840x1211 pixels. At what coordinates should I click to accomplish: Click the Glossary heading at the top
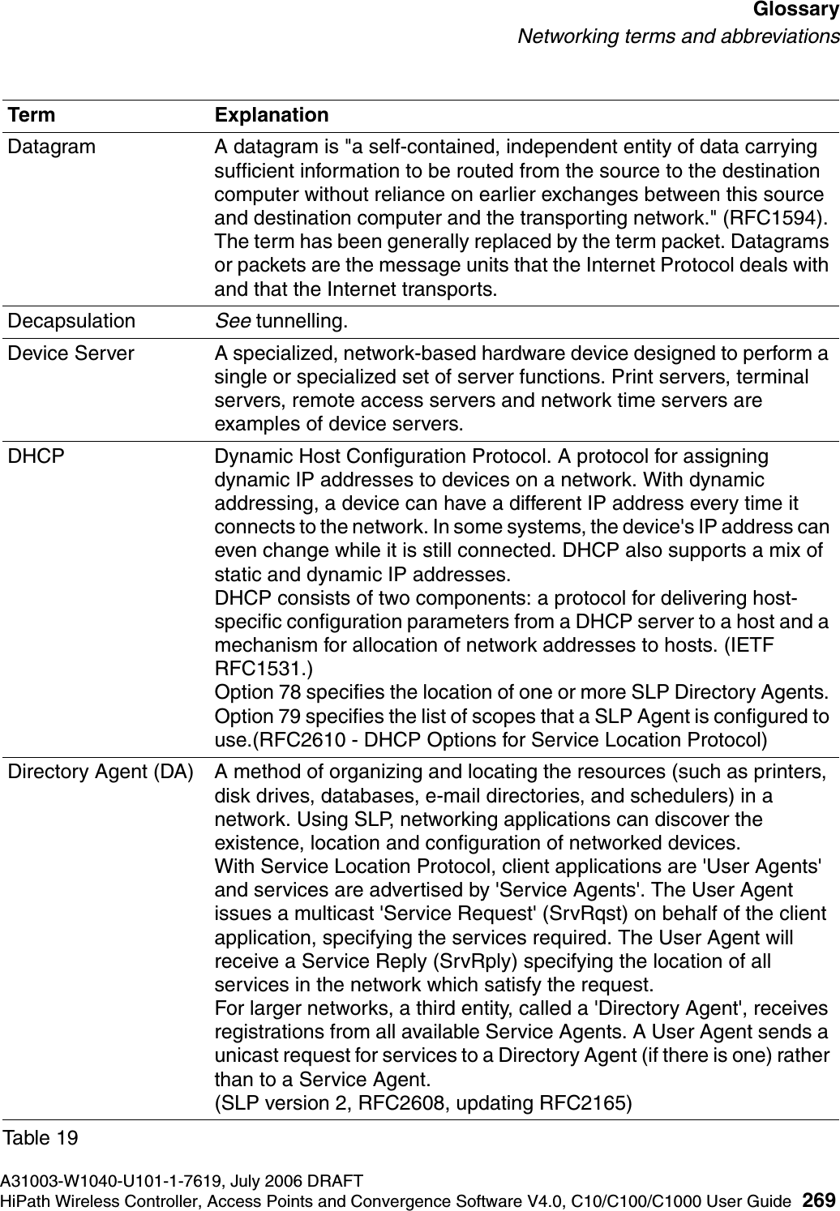794,11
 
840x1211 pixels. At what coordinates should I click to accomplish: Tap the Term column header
32,115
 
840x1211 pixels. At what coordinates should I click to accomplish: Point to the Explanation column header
272,115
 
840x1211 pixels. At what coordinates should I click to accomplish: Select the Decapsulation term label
72,321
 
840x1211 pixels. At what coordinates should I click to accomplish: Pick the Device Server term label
71,353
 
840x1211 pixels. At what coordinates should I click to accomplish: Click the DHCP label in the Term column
36,456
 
